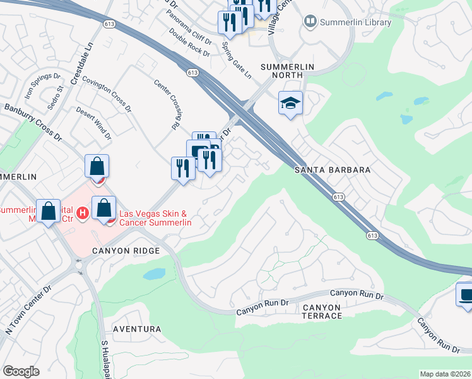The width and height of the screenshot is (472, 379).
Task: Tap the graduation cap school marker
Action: tap(290, 103)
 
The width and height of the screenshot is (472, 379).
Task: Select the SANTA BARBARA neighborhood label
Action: tap(332, 171)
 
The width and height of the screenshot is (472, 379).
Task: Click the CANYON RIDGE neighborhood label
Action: tap(125, 251)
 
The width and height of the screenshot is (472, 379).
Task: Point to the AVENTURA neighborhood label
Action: tap(136, 329)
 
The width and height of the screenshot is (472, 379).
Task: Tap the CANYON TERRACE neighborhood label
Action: tap(321, 311)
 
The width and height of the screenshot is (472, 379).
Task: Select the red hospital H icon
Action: tap(82, 214)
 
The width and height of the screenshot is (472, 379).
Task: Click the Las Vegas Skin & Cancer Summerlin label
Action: tap(148, 219)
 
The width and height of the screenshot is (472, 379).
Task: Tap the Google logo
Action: tap(21, 371)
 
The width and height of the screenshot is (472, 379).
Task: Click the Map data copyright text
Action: tap(445, 374)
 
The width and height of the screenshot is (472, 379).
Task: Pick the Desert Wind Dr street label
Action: tap(93, 122)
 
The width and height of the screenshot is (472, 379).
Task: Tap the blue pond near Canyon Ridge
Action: tap(153, 274)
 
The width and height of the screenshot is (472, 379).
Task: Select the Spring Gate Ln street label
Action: tap(237, 60)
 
